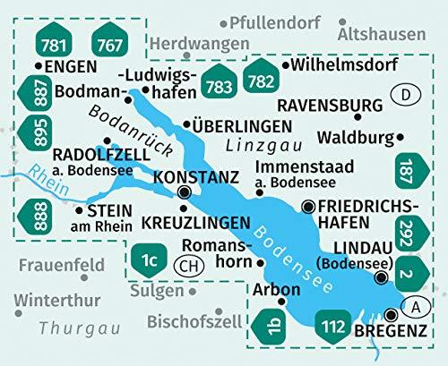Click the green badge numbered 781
(56, 45)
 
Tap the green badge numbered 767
(109, 45)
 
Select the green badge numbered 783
(218, 86)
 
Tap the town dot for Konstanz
(185, 192)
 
